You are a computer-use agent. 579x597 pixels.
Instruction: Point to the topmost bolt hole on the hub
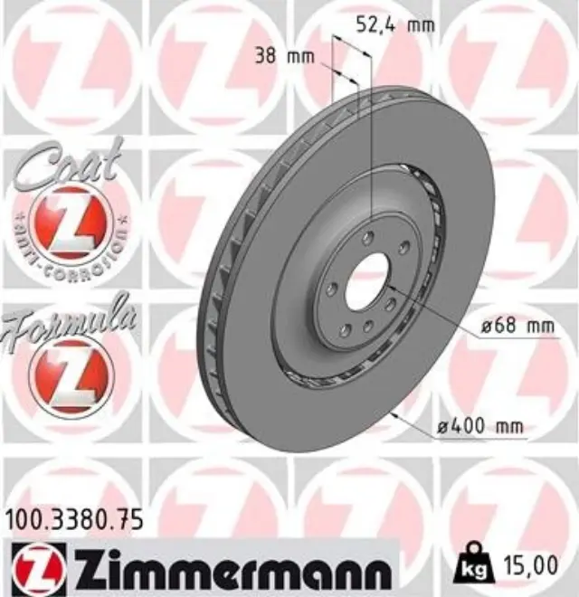coord(366,238)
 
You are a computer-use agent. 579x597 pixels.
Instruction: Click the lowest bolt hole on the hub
coord(367,324)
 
